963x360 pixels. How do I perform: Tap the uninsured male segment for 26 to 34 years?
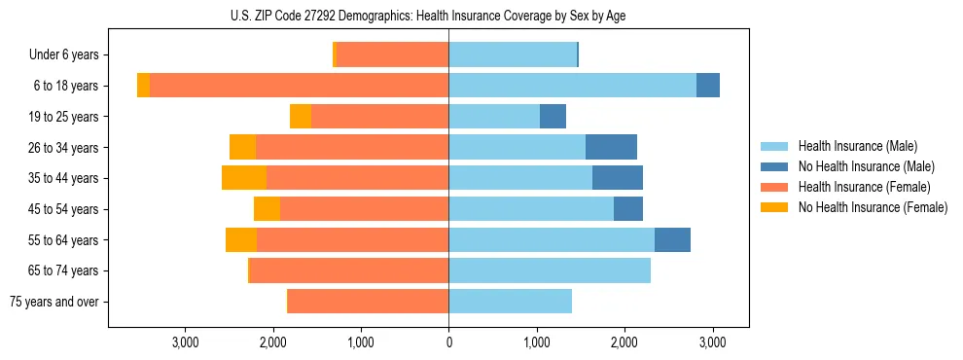(611, 147)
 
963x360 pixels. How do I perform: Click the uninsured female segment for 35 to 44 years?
(244, 178)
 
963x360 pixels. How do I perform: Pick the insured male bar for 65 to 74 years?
(550, 270)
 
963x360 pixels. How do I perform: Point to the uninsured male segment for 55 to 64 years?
(672, 239)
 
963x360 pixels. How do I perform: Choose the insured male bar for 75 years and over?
(510, 302)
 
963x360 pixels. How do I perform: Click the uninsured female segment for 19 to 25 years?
(301, 117)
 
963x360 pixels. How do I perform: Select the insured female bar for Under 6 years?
(392, 54)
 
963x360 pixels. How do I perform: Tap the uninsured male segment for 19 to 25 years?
(553, 117)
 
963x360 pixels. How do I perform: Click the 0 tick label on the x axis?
(448, 342)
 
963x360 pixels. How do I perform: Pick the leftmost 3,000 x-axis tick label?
(185, 342)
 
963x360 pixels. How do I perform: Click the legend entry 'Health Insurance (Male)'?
(857, 146)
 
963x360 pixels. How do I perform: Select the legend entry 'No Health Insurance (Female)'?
(873, 207)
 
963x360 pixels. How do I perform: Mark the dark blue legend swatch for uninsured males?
(774, 166)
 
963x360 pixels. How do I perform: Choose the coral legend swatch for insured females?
(774, 187)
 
